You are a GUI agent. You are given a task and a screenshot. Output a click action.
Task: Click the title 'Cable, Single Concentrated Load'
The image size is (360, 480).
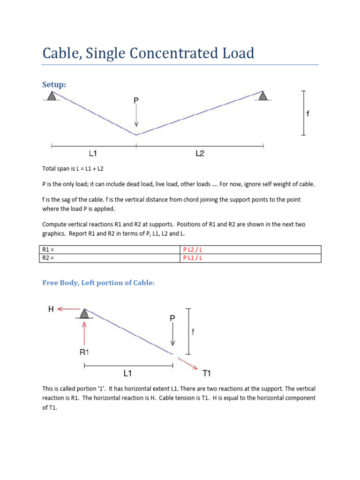(x=148, y=53)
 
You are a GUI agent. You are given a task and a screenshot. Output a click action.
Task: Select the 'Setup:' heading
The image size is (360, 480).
(x=54, y=84)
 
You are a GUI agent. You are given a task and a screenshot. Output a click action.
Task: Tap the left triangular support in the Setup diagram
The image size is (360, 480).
(x=52, y=96)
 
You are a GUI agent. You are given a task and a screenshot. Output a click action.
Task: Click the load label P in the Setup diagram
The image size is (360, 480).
(x=136, y=100)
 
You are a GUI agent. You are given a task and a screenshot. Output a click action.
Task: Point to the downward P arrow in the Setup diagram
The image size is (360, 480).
(x=136, y=117)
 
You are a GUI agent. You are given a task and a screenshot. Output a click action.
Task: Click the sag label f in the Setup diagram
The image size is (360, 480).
(x=307, y=113)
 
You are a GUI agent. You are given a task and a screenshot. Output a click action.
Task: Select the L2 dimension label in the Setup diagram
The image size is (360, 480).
(x=199, y=153)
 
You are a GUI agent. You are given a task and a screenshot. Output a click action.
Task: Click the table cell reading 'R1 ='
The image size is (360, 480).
(x=109, y=249)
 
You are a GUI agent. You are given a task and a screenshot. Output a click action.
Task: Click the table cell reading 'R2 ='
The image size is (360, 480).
(x=109, y=258)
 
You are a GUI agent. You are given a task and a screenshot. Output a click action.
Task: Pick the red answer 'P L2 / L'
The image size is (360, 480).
(x=193, y=249)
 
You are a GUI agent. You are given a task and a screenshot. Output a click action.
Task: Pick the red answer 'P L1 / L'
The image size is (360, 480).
(x=193, y=258)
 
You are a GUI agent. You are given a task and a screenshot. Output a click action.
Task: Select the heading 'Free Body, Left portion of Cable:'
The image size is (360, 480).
(x=98, y=283)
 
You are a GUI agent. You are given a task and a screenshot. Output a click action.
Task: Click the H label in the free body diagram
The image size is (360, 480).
(x=51, y=308)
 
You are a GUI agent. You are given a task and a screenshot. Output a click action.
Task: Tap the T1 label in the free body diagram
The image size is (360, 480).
(x=207, y=373)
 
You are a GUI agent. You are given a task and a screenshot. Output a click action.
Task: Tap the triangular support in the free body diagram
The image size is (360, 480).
(x=84, y=313)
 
